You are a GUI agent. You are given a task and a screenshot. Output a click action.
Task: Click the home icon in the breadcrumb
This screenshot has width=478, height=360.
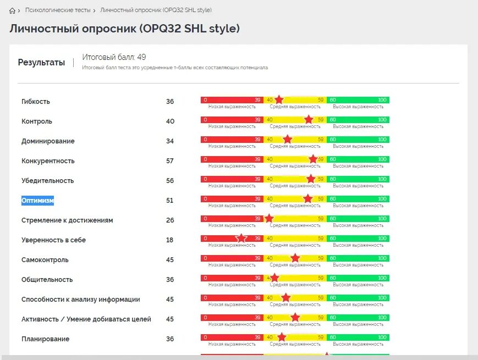(x=13, y=10)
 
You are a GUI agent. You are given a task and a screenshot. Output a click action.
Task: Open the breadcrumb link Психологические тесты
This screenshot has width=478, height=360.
(x=58, y=10)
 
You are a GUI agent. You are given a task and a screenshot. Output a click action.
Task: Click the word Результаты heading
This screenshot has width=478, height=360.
(x=41, y=62)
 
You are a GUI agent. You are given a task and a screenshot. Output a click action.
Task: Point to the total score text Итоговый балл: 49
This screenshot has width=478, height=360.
(x=114, y=57)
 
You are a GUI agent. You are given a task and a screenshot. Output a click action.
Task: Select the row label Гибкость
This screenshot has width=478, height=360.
(x=36, y=102)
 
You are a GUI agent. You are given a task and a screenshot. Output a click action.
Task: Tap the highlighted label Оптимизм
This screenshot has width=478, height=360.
(x=38, y=201)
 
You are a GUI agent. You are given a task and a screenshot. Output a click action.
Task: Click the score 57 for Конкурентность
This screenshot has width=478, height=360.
(x=170, y=161)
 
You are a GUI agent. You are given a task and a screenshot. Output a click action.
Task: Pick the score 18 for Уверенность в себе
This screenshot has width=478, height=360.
(x=170, y=240)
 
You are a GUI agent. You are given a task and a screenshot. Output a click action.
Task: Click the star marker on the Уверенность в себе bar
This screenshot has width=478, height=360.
(x=241, y=239)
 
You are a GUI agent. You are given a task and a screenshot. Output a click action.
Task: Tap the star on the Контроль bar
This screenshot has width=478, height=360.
(x=309, y=119)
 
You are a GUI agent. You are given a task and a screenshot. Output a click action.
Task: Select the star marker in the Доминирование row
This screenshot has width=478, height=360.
(x=287, y=139)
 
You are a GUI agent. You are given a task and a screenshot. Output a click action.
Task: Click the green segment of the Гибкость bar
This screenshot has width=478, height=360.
(x=358, y=100)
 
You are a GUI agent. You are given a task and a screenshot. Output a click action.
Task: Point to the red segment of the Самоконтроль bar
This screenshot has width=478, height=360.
(x=232, y=258)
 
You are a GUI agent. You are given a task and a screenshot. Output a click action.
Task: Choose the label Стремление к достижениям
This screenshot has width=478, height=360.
(x=67, y=220)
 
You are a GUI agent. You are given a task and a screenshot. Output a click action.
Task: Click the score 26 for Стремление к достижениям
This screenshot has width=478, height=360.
(x=170, y=220)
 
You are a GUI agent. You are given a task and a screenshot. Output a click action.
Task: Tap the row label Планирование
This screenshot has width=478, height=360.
(x=46, y=339)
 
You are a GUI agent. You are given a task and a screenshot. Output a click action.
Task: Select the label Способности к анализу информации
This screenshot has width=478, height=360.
(x=81, y=300)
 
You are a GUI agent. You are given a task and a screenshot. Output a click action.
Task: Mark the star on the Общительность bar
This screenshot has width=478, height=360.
(x=274, y=278)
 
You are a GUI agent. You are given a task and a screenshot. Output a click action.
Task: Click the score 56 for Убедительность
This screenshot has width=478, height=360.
(x=170, y=181)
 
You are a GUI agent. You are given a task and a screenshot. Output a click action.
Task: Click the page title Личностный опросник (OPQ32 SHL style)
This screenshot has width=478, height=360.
(x=125, y=29)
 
